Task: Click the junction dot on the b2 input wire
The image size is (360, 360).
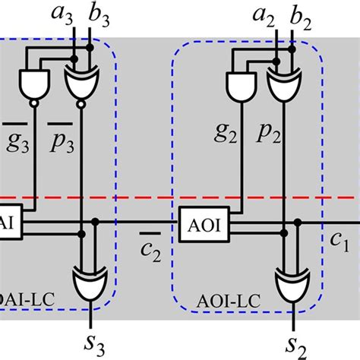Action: (291, 49)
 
